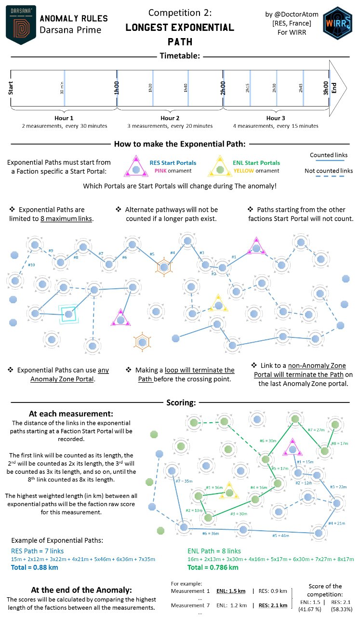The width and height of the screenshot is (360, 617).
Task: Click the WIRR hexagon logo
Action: click(x=337, y=24)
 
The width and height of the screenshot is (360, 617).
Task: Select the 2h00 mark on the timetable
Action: click(x=223, y=91)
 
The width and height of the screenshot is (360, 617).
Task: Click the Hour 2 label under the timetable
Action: click(x=170, y=118)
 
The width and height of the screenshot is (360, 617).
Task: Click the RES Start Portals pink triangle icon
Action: click(x=136, y=167)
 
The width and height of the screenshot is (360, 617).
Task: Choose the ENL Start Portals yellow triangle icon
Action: click(x=220, y=167)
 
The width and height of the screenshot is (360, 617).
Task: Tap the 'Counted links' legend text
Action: click(x=328, y=155)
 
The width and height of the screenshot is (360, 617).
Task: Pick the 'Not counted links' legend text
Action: click(x=328, y=171)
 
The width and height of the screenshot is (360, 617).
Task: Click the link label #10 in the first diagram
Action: click(x=31, y=265)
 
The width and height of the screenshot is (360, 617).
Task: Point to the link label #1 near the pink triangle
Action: click(x=234, y=257)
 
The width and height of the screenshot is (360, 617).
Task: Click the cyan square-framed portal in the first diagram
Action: click(x=68, y=314)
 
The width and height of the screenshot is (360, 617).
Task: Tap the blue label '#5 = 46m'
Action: click(x=282, y=535)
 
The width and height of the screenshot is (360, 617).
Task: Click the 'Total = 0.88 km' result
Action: click(x=35, y=567)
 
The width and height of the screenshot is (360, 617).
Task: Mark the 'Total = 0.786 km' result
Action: click(x=213, y=567)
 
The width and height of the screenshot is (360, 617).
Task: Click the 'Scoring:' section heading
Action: click(x=181, y=402)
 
